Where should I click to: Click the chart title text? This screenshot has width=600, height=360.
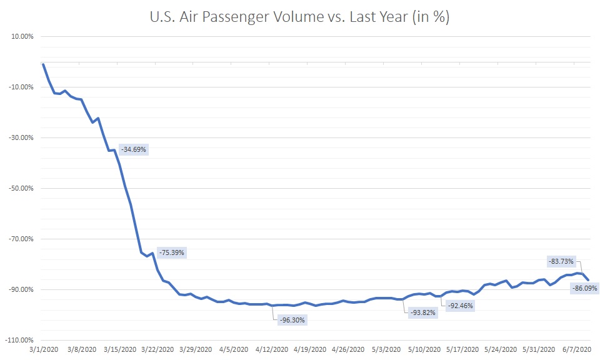[x=299, y=18]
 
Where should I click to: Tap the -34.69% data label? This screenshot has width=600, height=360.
[x=133, y=150]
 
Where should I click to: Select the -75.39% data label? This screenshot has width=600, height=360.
[x=172, y=252]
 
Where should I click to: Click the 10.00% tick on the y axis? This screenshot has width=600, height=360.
[x=23, y=36]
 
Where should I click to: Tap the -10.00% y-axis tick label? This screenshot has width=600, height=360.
[x=22, y=87]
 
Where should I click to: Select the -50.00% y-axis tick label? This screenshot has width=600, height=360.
[x=22, y=188]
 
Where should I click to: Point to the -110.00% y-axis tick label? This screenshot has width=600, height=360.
[x=21, y=340]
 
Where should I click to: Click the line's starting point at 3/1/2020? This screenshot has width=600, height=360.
[x=42, y=64]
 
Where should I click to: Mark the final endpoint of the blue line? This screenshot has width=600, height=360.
[x=588, y=279]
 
